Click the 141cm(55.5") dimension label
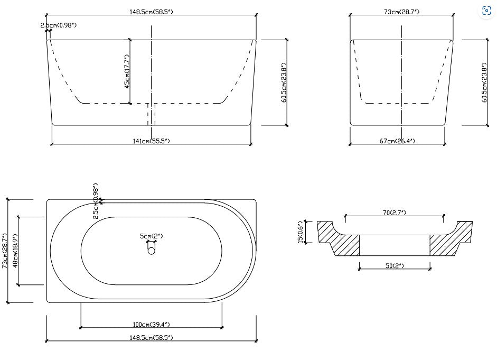click(x=151, y=141)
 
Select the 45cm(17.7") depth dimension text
click(x=127, y=71)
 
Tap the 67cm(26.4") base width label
click(x=397, y=141)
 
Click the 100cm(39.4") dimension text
click(x=151, y=324)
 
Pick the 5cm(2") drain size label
click(x=151, y=236)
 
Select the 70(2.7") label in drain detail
click(x=393, y=213)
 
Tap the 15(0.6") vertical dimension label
click(x=301, y=232)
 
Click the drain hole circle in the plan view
click(x=152, y=251)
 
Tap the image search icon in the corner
click(x=486, y=11)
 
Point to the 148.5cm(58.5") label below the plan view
click(x=151, y=337)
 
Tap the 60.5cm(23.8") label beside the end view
click(x=484, y=83)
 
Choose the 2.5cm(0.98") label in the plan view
click(x=96, y=201)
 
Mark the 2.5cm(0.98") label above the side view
click(x=59, y=25)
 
